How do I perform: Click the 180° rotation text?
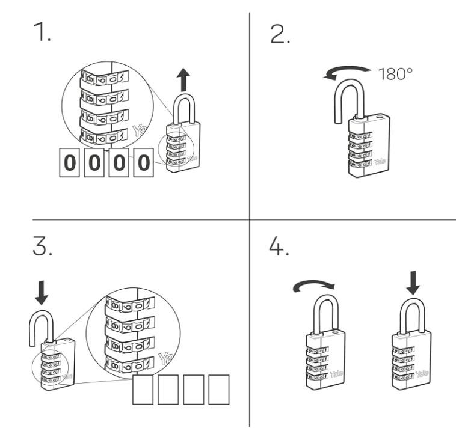(395, 75)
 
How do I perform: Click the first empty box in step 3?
(143, 389)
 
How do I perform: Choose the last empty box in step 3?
(218, 389)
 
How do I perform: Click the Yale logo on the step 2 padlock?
(380, 161)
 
